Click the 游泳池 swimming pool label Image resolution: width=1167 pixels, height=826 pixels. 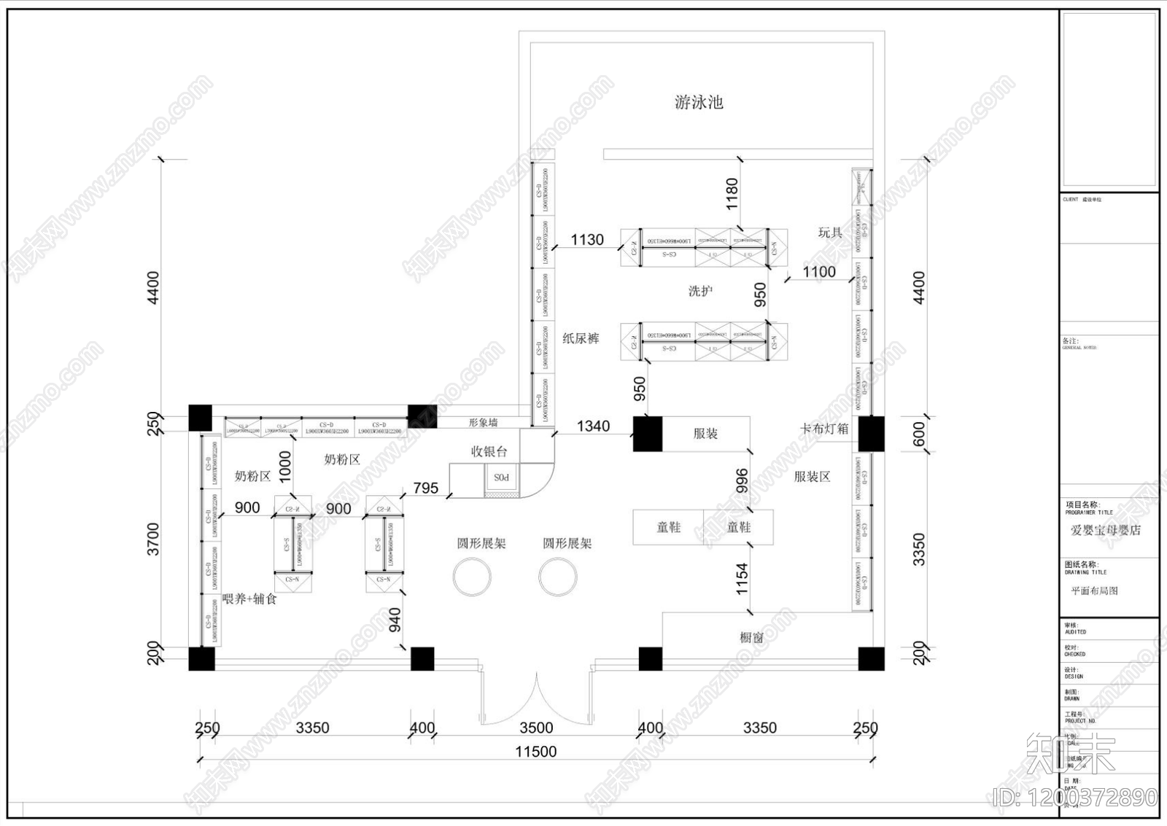(699, 102)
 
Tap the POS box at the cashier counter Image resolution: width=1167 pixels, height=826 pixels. (501, 478)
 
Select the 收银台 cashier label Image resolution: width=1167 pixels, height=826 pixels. (489, 451)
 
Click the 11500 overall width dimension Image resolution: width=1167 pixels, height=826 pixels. (535, 752)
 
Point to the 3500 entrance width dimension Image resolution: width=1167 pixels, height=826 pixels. (535, 728)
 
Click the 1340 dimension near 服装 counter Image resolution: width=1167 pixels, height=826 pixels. (593, 426)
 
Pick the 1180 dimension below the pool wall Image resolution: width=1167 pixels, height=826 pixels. (732, 194)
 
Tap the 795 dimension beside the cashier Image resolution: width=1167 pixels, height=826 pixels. (426, 488)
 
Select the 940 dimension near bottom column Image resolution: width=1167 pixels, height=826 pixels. (395, 620)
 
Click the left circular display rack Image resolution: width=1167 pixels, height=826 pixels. (472, 577)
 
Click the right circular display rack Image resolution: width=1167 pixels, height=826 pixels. (558, 577)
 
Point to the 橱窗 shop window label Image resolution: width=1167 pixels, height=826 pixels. (752, 637)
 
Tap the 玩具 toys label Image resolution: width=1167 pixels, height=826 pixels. (830, 233)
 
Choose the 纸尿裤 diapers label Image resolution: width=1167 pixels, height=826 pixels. (581, 338)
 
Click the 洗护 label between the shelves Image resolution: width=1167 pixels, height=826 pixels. (700, 291)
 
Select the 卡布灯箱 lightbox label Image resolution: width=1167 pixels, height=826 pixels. (824, 429)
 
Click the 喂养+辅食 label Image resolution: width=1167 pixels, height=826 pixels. (249, 599)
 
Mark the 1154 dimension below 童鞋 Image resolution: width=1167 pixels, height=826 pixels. (742, 579)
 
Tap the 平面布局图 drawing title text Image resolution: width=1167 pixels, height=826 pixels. (1094, 591)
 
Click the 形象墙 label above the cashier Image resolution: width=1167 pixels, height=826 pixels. (483, 423)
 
